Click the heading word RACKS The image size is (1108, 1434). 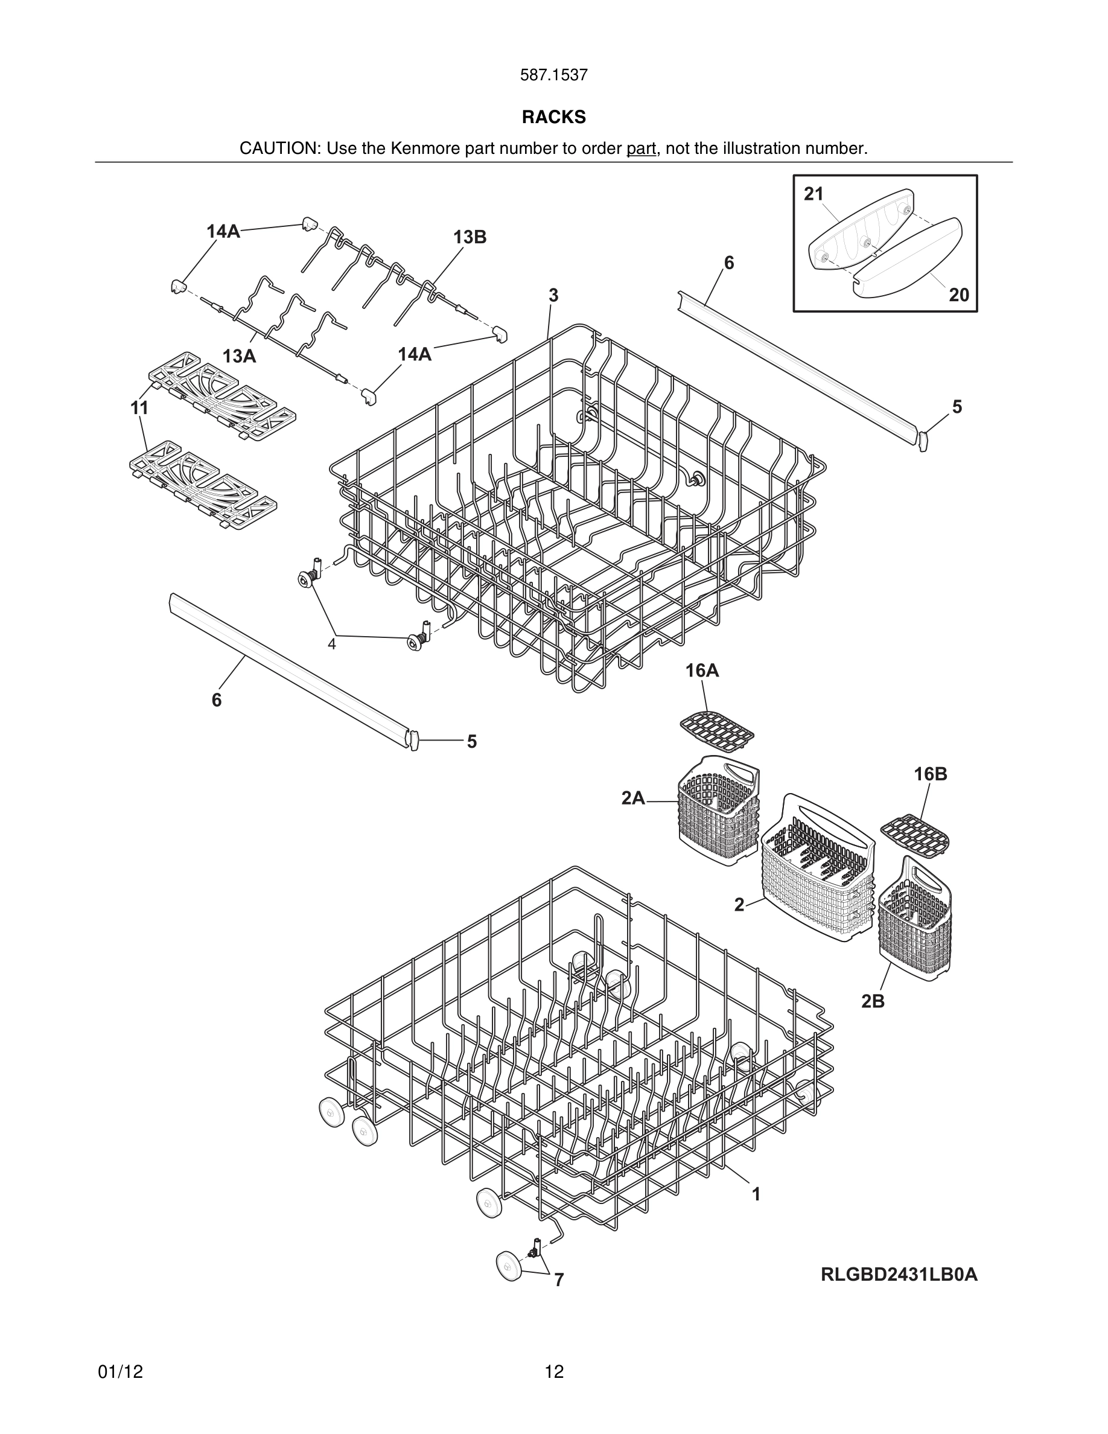553,117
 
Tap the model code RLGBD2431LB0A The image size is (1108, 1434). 899,1275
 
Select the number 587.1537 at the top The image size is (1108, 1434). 553,75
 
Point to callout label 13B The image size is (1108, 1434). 470,237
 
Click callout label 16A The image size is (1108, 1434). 702,671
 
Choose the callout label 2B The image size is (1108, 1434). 873,1001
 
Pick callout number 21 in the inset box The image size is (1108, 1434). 813,194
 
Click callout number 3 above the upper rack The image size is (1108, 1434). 553,296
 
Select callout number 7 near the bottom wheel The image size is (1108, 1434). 559,1279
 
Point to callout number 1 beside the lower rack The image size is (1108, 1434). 756,1194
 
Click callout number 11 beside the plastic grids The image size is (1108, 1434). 139,408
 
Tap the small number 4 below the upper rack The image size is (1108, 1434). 331,644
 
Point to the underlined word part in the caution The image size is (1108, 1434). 641,148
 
